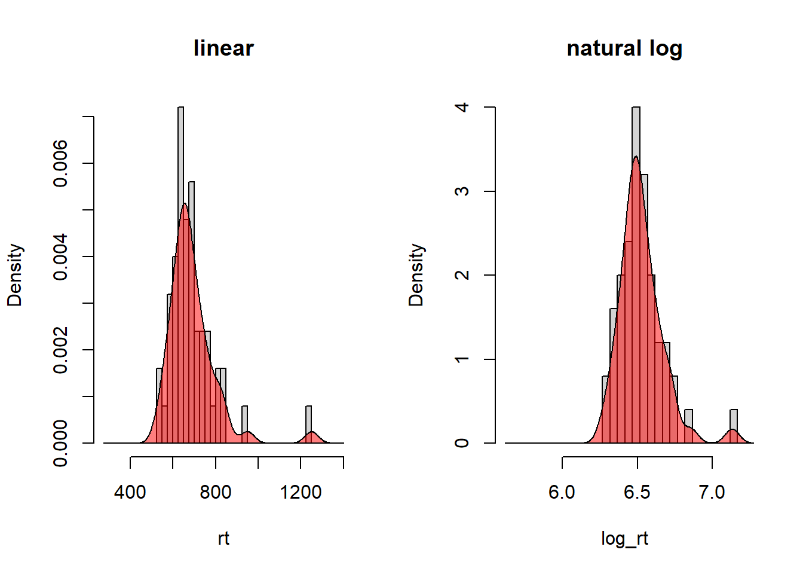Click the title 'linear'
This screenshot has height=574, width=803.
pyautogui.click(x=223, y=48)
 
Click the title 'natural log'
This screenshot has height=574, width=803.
pyautogui.click(x=624, y=48)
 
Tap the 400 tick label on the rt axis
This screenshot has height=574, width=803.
pyautogui.click(x=130, y=492)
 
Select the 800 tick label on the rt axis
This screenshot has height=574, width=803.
pyautogui.click(x=216, y=492)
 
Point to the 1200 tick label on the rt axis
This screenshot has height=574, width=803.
pyautogui.click(x=301, y=492)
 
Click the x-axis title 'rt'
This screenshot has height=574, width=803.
pyautogui.click(x=223, y=538)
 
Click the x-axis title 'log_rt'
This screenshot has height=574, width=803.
pyautogui.click(x=624, y=538)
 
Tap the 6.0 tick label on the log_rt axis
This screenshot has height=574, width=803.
pyautogui.click(x=562, y=492)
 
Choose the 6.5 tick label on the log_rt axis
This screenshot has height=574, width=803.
pyautogui.click(x=637, y=492)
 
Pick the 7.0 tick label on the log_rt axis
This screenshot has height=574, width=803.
pyautogui.click(x=712, y=492)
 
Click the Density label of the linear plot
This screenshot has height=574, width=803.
pyautogui.click(x=15, y=275)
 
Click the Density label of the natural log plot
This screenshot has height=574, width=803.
pyautogui.click(x=416, y=275)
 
